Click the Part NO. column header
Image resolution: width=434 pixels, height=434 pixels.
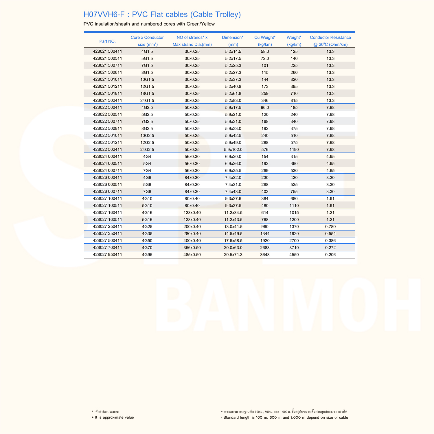(x=107, y=41)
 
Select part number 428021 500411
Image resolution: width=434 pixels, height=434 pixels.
(x=107, y=52)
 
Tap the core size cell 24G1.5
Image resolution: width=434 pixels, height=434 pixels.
(x=147, y=100)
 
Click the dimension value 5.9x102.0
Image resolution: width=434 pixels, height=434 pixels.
(x=233, y=150)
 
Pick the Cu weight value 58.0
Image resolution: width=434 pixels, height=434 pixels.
(x=265, y=52)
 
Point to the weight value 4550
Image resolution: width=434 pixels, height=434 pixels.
(x=294, y=255)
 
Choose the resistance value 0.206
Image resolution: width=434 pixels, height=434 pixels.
(x=330, y=255)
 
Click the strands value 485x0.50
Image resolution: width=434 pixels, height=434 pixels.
(x=192, y=255)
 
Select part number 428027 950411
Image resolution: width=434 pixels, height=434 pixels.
(x=107, y=255)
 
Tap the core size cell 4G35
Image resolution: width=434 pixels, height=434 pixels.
(x=147, y=233)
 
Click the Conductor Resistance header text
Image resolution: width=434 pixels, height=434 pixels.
(x=330, y=38)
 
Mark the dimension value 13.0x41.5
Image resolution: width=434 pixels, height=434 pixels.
(x=233, y=227)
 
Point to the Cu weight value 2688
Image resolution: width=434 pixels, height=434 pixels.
(x=265, y=248)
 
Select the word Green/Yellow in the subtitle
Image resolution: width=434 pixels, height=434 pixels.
(x=201, y=24)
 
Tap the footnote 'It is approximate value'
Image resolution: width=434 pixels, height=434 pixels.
(x=114, y=417)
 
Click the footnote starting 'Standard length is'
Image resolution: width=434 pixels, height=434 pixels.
(x=286, y=417)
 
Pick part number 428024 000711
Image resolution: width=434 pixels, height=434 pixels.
(x=107, y=170)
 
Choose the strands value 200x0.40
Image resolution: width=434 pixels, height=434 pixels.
(x=192, y=227)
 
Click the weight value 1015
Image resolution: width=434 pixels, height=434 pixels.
(x=294, y=213)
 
